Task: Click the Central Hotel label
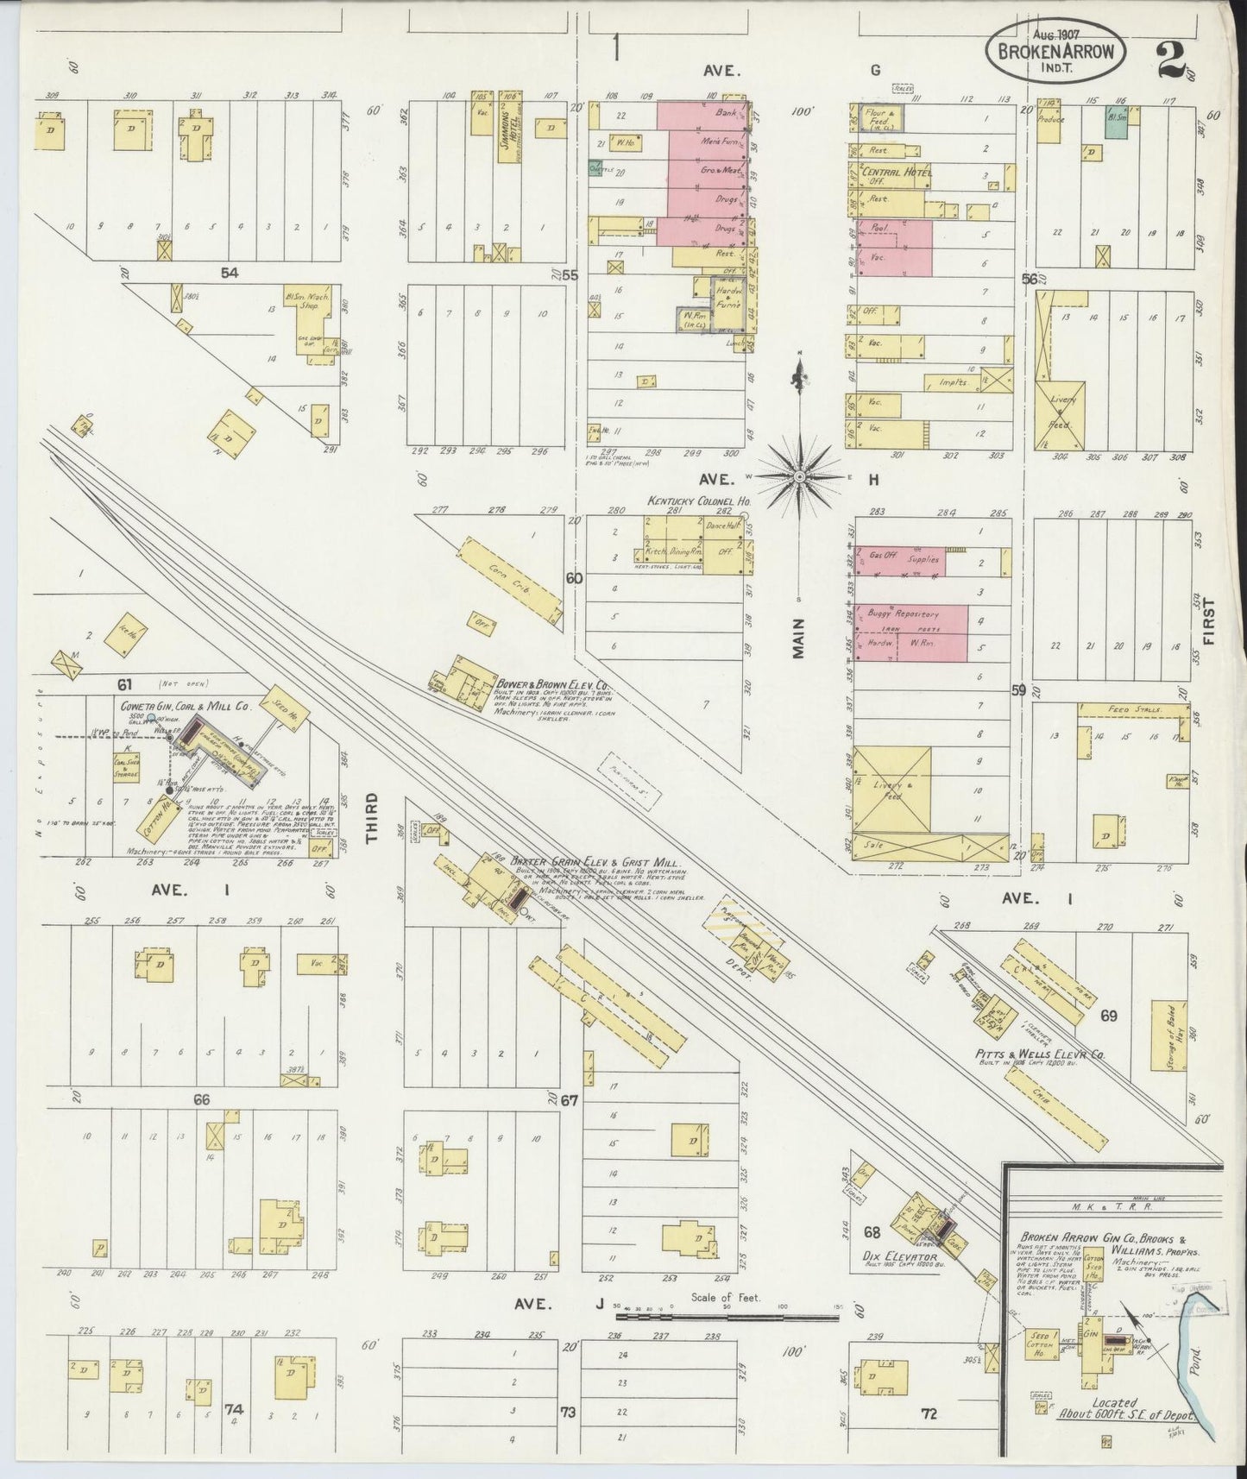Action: [x=897, y=173]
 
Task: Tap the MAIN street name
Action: [x=798, y=639]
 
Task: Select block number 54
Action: [x=229, y=273]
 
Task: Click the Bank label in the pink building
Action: [x=725, y=113]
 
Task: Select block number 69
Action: [x=1108, y=1016]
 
